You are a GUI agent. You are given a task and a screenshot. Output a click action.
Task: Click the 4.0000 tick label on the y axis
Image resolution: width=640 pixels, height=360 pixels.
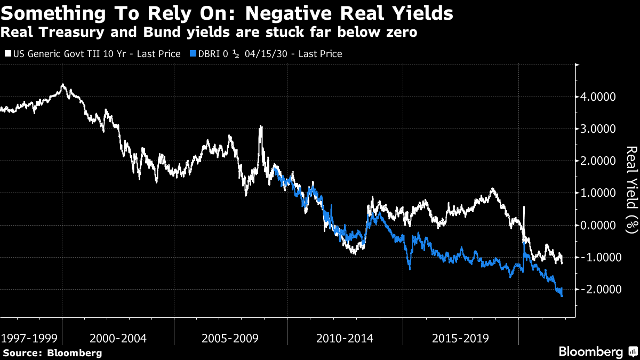click(601, 97)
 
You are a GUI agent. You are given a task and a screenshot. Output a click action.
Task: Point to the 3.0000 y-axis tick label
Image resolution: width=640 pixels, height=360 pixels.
click(601, 129)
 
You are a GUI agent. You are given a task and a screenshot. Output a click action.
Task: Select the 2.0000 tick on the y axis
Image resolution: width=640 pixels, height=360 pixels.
click(601, 161)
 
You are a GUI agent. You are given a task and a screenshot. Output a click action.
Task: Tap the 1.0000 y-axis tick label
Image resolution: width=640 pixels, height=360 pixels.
click(601, 193)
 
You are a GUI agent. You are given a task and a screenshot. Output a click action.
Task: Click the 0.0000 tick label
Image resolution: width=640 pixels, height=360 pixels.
click(601, 225)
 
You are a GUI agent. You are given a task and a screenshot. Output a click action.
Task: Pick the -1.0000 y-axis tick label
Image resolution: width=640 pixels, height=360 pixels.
click(599, 257)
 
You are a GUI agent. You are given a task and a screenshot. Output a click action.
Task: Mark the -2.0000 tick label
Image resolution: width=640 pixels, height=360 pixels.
click(599, 289)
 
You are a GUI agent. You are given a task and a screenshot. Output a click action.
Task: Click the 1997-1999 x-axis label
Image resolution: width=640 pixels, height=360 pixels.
click(29, 338)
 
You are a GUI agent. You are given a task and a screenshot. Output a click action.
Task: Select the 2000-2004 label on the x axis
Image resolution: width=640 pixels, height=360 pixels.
click(118, 338)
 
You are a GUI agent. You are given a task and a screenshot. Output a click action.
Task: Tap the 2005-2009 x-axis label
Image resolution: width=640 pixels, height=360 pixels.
click(231, 338)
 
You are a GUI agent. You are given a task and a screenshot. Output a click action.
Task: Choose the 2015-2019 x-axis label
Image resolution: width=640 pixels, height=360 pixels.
click(460, 338)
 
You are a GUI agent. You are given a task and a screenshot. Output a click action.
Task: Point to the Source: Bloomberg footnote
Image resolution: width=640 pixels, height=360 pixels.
click(52, 353)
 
